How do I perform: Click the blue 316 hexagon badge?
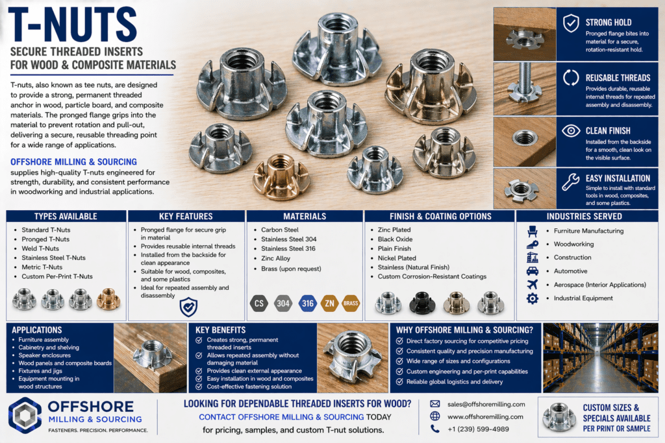(307, 304)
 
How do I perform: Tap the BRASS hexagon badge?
(351, 304)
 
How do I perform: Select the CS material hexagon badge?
(258, 304)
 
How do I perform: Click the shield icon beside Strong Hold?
(571, 23)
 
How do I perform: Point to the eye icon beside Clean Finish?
(571, 131)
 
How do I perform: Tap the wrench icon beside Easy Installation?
(570, 182)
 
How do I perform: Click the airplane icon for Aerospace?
(533, 284)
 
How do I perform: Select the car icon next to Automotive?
(533, 271)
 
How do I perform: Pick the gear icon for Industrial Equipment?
(533, 298)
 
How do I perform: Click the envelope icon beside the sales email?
(435, 404)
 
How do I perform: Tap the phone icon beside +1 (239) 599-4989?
(435, 429)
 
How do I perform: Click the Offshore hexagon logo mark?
(25, 415)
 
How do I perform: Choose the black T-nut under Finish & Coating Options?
(422, 303)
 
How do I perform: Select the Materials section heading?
(305, 216)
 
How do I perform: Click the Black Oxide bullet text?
(395, 239)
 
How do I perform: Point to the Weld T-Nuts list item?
(40, 248)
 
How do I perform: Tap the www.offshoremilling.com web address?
(485, 417)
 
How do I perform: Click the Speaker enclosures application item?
(45, 355)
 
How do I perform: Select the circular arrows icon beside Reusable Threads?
(571, 77)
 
